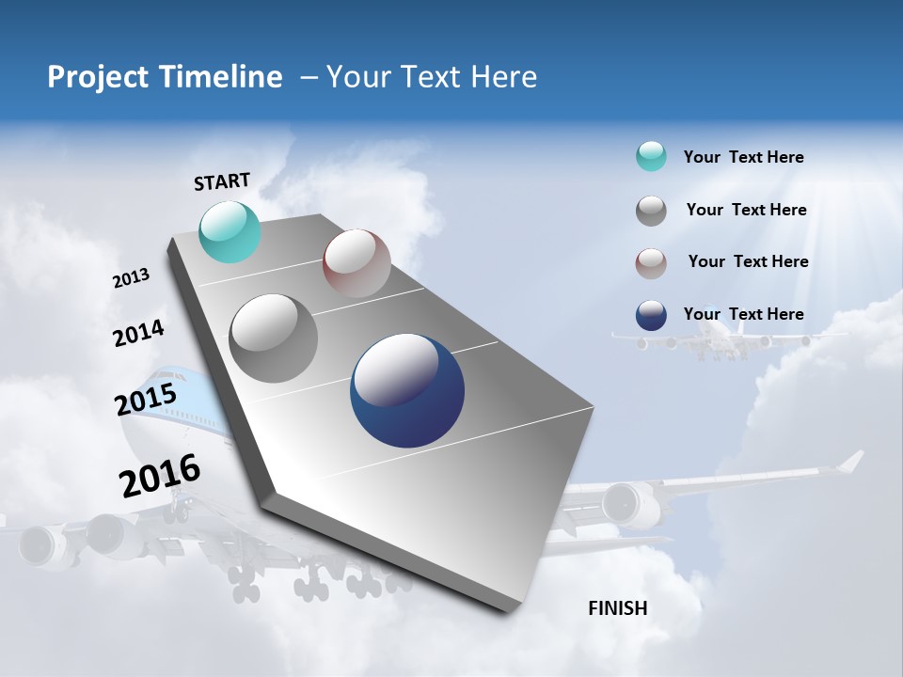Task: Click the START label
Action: tap(222, 181)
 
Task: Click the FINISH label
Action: tap(617, 608)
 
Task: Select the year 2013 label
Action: tap(131, 278)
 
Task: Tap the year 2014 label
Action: tap(138, 333)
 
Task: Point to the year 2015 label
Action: tap(145, 400)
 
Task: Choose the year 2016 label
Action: tap(159, 476)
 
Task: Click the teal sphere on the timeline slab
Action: tap(230, 231)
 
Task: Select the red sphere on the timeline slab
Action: tap(356, 263)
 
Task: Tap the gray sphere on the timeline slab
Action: tap(274, 338)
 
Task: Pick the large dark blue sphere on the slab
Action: tap(407, 390)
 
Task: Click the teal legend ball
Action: tap(651, 156)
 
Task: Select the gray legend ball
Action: tap(651, 211)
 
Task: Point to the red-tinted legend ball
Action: tap(651, 263)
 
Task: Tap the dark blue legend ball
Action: tap(651, 315)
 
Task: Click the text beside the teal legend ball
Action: tap(743, 157)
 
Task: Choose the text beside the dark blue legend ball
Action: tap(743, 314)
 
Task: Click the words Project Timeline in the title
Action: tap(165, 77)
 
